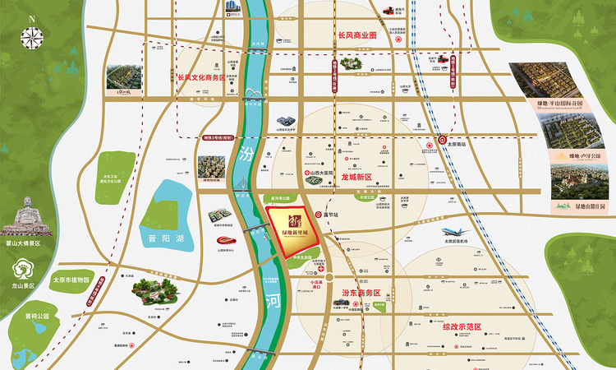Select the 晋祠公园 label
point(38,316)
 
